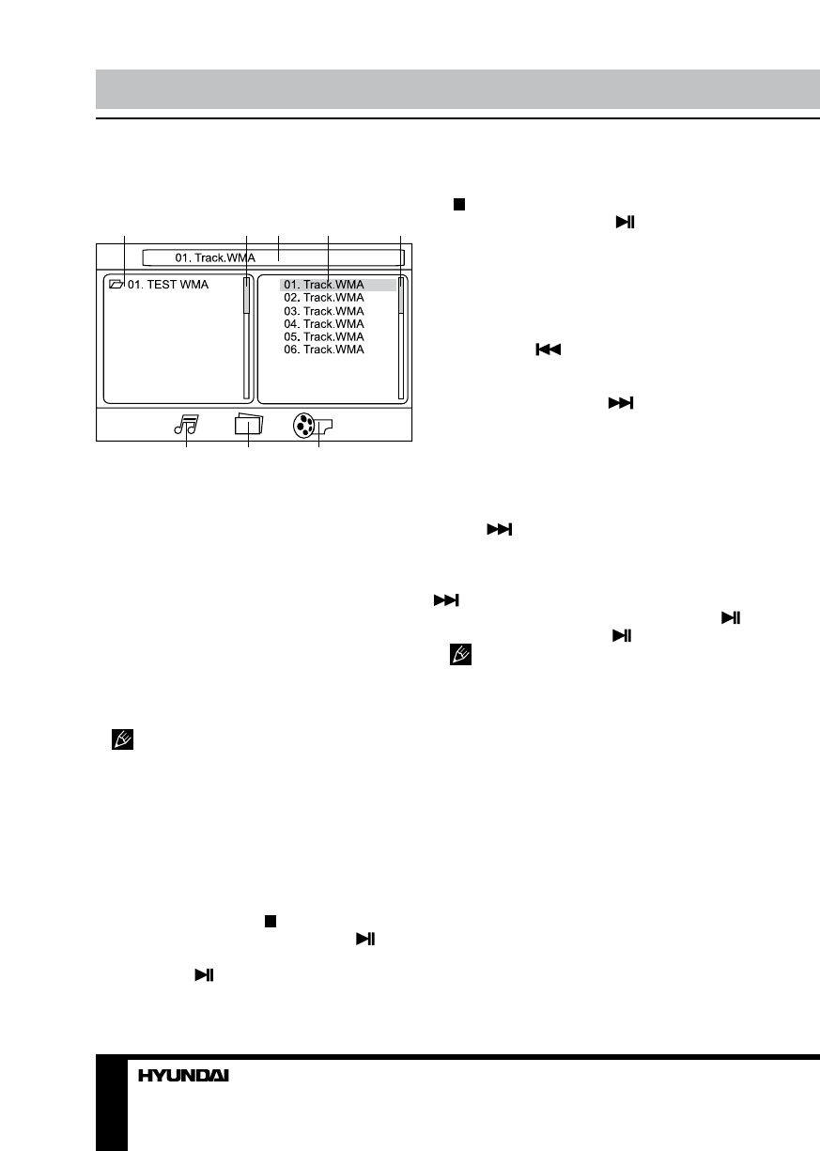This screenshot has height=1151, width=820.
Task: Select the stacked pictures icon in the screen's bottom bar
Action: tap(249, 424)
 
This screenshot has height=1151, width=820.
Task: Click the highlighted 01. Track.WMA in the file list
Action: tap(324, 285)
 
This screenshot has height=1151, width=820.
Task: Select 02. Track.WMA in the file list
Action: tap(324, 297)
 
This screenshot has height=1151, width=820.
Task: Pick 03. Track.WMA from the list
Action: tap(324, 310)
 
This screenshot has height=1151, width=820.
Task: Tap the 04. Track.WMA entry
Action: tap(324, 323)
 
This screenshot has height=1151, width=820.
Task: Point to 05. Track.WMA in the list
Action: tap(324, 336)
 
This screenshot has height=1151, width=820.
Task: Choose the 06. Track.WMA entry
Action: tap(324, 350)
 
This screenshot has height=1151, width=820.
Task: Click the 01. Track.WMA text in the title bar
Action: tap(215, 257)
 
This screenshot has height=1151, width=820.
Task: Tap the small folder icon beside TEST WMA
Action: tap(116, 284)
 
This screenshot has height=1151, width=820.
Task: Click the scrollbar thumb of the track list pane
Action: tap(401, 296)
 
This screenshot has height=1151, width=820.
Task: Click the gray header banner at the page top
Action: tap(457, 88)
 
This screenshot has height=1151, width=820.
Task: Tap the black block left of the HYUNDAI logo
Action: tap(111, 1104)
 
